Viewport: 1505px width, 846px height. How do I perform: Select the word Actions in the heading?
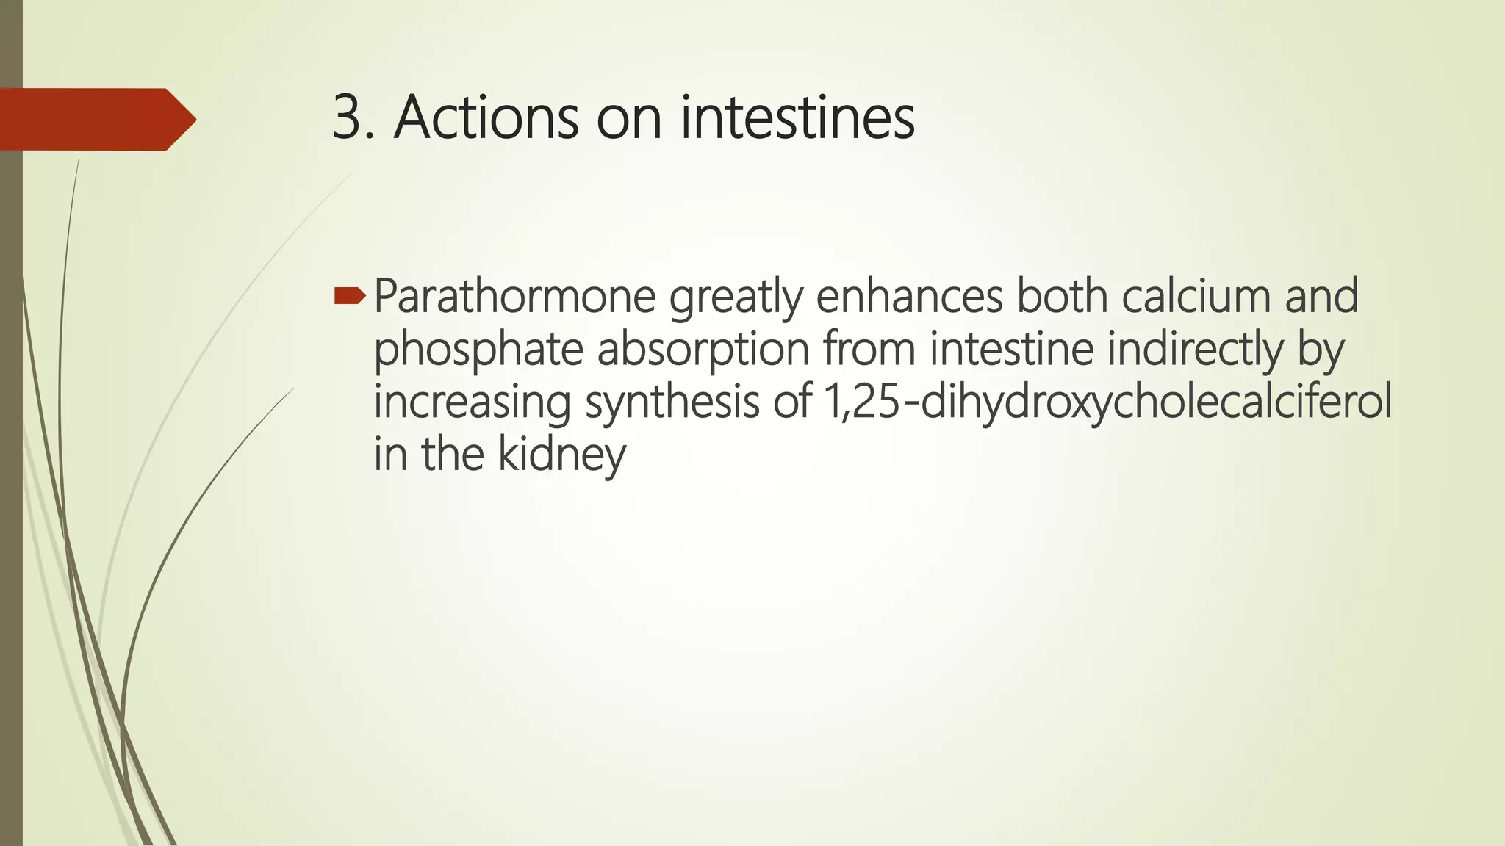tap(485, 117)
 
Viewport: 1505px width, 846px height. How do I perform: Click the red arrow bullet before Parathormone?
tap(350, 296)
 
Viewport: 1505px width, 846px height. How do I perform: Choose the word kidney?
tap(562, 455)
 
